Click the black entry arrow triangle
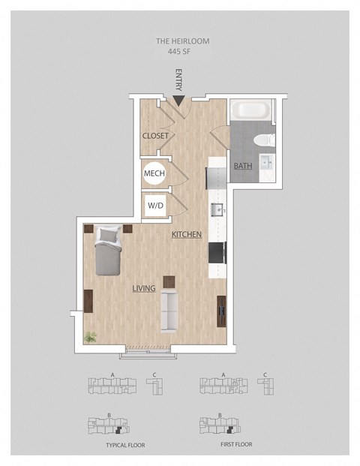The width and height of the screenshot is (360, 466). [178, 101]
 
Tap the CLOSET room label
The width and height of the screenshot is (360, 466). [155, 136]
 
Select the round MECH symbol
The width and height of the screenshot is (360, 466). [154, 173]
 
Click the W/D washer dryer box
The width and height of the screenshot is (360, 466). [156, 206]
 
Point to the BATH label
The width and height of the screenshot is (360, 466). [243, 166]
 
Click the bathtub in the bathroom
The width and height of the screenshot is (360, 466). [250, 110]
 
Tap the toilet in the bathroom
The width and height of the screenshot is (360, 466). [264, 140]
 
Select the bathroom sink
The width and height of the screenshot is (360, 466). [267, 162]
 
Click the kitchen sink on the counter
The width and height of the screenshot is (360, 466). [217, 209]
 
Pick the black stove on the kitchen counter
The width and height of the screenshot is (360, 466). [217, 253]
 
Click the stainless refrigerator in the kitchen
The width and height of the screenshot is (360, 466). [216, 179]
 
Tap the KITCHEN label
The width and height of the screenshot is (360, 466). [187, 234]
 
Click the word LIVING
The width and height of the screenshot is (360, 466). [144, 288]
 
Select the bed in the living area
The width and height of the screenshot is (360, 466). [108, 251]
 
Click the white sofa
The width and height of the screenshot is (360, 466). [169, 311]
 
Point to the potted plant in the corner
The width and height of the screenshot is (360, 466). [90, 338]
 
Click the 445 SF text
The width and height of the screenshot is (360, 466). [179, 52]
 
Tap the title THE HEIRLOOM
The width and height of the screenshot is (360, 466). [183, 41]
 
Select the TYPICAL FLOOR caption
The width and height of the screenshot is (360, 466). [126, 445]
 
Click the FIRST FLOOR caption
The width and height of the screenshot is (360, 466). [236, 444]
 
